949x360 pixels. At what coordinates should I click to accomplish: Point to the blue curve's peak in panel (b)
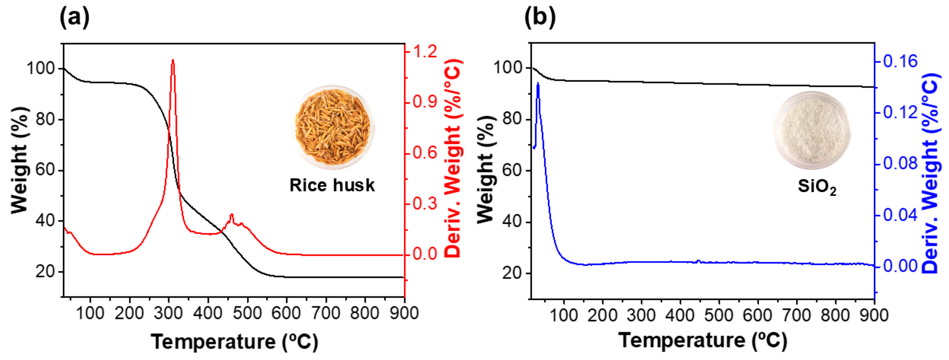tap(538, 83)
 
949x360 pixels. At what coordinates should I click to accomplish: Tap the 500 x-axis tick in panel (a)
tap(247, 313)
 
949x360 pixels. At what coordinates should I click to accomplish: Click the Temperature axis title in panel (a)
tap(235, 342)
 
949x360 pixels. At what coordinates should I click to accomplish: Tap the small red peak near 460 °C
tap(232, 214)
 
